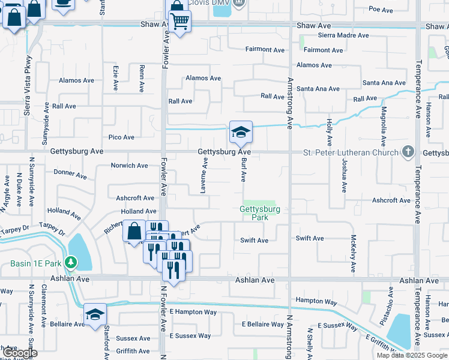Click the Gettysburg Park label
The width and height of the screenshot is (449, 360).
click(259, 213)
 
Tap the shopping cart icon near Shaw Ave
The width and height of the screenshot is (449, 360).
click(179, 22)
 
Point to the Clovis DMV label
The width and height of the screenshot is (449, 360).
click(208, 3)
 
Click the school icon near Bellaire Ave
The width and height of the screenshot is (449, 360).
click(95, 314)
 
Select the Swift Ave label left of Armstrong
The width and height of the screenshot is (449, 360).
click(254, 240)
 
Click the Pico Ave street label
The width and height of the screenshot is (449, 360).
click(121, 137)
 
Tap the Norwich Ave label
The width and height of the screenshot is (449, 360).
click(129, 166)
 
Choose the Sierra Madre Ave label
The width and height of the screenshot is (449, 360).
click(334, 35)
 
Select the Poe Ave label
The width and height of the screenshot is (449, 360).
click(381, 10)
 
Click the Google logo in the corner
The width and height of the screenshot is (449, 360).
click(20, 353)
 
